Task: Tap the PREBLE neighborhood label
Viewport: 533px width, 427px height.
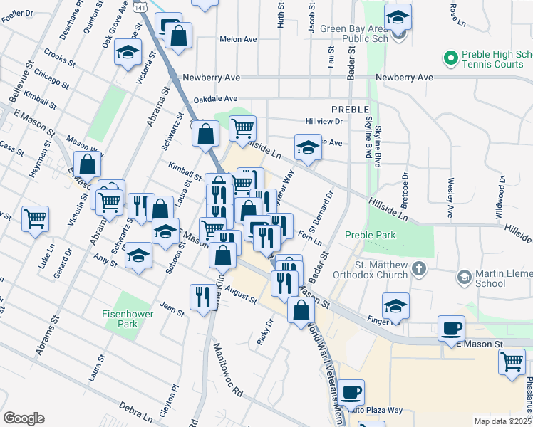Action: click(x=350, y=110)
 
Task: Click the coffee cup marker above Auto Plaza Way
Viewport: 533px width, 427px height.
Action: click(x=351, y=392)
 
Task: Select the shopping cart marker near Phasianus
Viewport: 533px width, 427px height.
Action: click(x=512, y=362)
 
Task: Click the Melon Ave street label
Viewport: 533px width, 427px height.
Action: click(x=238, y=40)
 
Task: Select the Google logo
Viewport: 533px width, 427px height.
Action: click(x=24, y=418)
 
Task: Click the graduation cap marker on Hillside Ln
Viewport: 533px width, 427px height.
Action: click(x=308, y=148)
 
